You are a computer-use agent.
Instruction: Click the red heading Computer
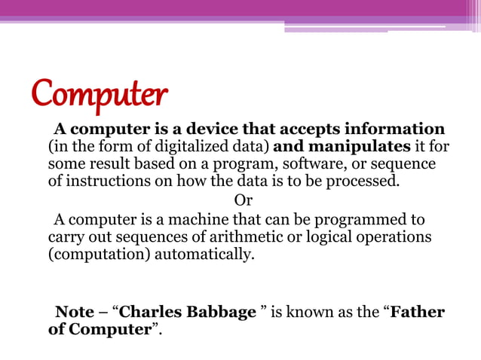(x=99, y=95)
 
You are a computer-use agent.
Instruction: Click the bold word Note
(x=75, y=313)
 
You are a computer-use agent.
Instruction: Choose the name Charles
(x=148, y=313)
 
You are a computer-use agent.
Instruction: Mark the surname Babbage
(x=219, y=313)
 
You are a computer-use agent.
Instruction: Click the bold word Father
(x=418, y=313)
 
